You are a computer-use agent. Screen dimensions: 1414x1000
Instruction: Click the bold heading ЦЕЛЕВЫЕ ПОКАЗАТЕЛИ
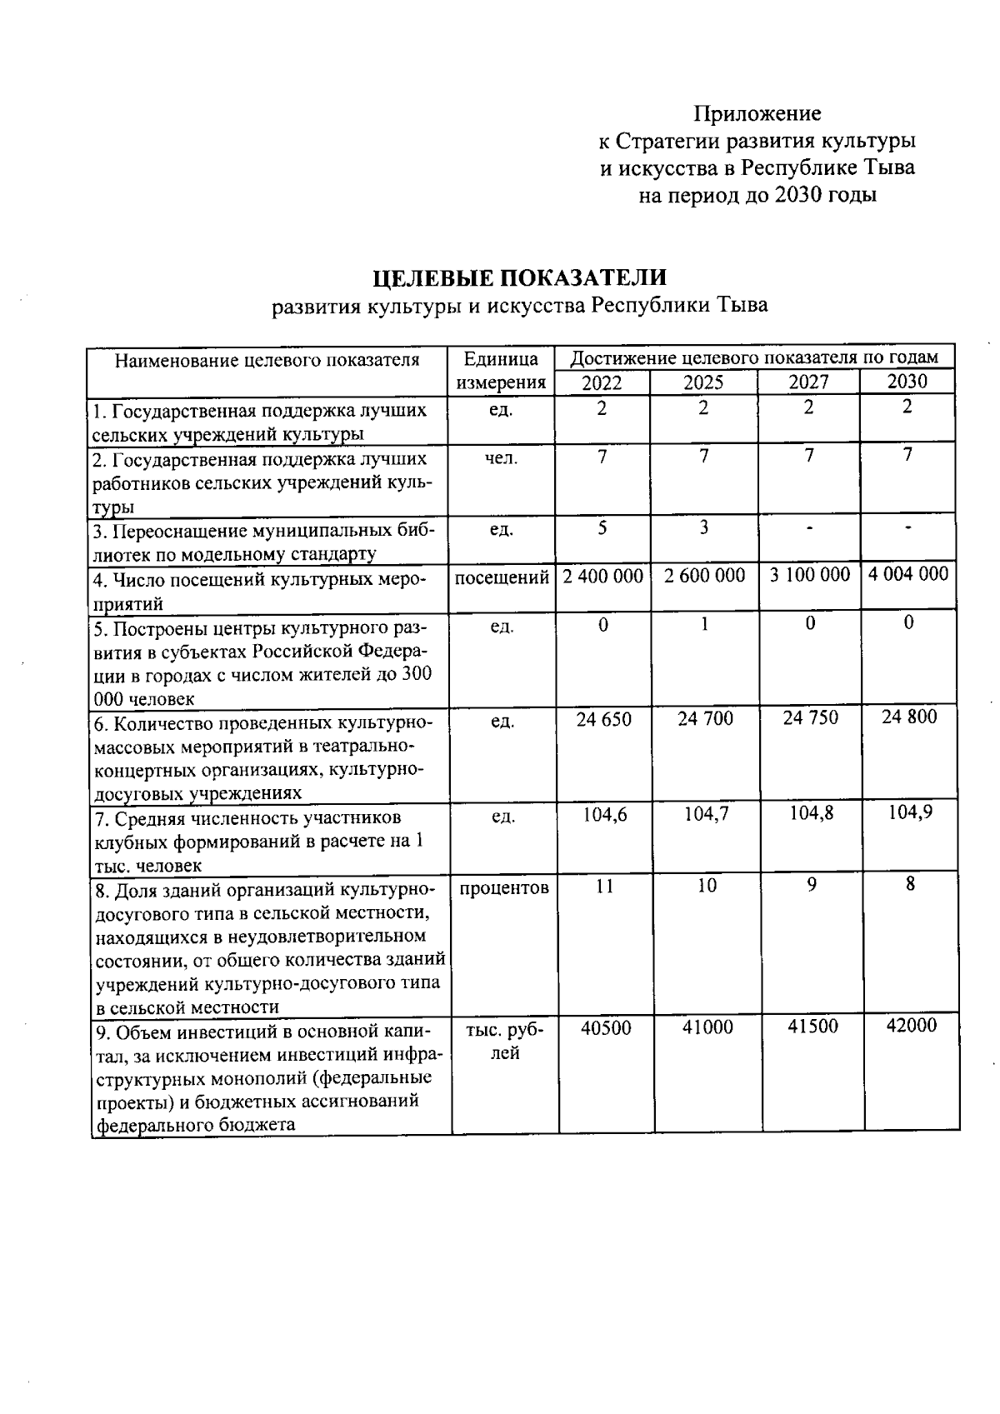click(x=519, y=277)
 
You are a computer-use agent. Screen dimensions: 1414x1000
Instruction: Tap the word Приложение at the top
click(x=757, y=112)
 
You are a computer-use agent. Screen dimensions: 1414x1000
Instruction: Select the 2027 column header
click(x=808, y=382)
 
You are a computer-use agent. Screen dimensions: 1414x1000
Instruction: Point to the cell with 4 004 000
click(x=907, y=573)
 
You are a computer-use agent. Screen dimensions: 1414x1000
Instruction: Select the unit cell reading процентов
click(x=503, y=887)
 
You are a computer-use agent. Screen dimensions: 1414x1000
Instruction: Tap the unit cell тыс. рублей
click(x=504, y=1041)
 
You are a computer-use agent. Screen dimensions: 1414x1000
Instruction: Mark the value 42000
click(x=911, y=1026)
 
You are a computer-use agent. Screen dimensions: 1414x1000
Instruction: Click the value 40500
click(x=605, y=1028)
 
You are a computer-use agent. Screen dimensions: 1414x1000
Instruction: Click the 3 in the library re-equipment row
click(x=704, y=527)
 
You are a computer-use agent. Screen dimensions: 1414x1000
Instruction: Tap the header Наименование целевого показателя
click(x=267, y=360)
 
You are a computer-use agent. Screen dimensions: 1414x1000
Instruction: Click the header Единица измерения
click(x=501, y=371)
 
